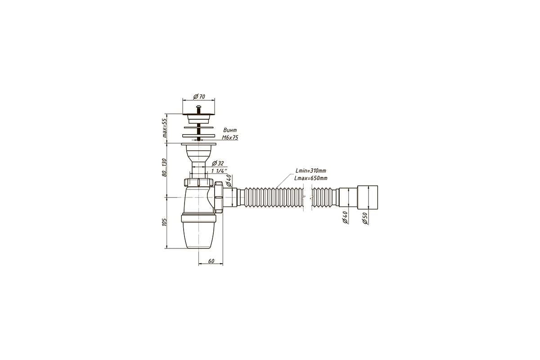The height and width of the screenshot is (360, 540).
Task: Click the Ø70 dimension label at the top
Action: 199,96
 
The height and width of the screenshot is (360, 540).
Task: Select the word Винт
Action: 230,130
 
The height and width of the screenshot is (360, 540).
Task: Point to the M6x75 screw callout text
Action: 230,138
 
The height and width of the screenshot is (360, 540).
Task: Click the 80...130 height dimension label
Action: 164,167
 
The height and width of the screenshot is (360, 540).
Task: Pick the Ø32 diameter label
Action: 218,163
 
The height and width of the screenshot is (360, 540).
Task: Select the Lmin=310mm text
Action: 311,171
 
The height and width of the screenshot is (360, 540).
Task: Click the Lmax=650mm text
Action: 311,178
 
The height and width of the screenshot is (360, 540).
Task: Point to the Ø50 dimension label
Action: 365,218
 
